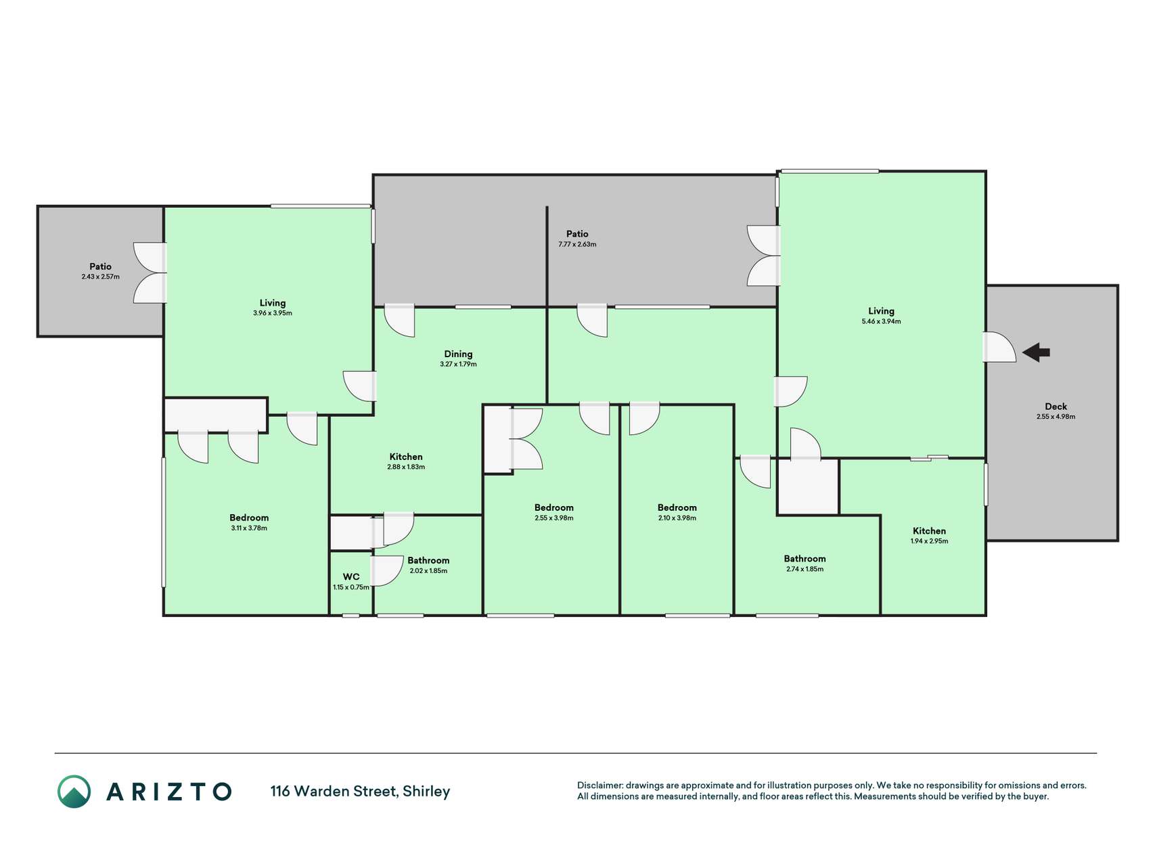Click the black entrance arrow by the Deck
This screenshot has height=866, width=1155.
point(1036,352)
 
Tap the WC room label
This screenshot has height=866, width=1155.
point(351,577)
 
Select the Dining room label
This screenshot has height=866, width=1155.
point(458,354)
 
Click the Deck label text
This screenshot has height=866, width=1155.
point(1056,407)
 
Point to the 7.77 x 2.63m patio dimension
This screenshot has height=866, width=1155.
point(577,244)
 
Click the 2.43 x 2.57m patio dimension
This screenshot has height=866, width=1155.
point(100,277)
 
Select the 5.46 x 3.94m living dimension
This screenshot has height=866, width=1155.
point(881,321)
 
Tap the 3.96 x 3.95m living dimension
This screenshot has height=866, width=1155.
point(273,313)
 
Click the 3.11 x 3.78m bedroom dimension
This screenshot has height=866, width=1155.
point(249,528)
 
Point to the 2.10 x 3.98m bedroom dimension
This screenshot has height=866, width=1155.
point(677,518)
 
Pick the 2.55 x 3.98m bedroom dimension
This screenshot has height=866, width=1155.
point(554,518)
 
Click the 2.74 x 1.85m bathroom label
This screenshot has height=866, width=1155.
point(805,559)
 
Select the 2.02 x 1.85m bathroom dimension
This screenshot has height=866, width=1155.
point(428,571)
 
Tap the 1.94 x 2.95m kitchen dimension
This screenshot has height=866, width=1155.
point(929,541)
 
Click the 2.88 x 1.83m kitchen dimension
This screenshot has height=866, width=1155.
point(406,467)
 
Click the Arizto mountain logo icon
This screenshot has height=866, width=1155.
point(74,792)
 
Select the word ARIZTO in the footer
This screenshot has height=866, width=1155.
point(169,792)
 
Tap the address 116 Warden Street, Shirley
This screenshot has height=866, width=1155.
point(360,792)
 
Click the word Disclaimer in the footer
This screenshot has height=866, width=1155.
point(599,785)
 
